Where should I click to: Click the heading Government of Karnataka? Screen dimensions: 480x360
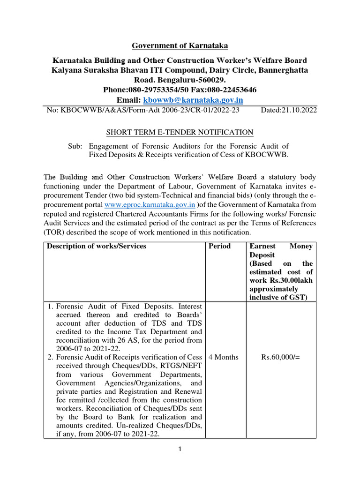(180, 45)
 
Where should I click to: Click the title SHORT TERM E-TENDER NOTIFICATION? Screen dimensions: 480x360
(180, 133)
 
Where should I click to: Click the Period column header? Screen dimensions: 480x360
(219, 246)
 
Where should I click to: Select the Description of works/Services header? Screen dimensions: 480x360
(96, 246)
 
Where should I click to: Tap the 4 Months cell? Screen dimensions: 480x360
(223, 357)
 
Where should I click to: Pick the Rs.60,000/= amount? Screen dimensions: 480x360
(280, 357)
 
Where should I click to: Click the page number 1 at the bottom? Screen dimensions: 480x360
(180, 449)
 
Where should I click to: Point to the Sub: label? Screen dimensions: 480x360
(75, 146)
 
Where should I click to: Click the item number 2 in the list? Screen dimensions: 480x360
(50, 357)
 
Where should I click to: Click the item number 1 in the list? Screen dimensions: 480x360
(50, 306)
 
